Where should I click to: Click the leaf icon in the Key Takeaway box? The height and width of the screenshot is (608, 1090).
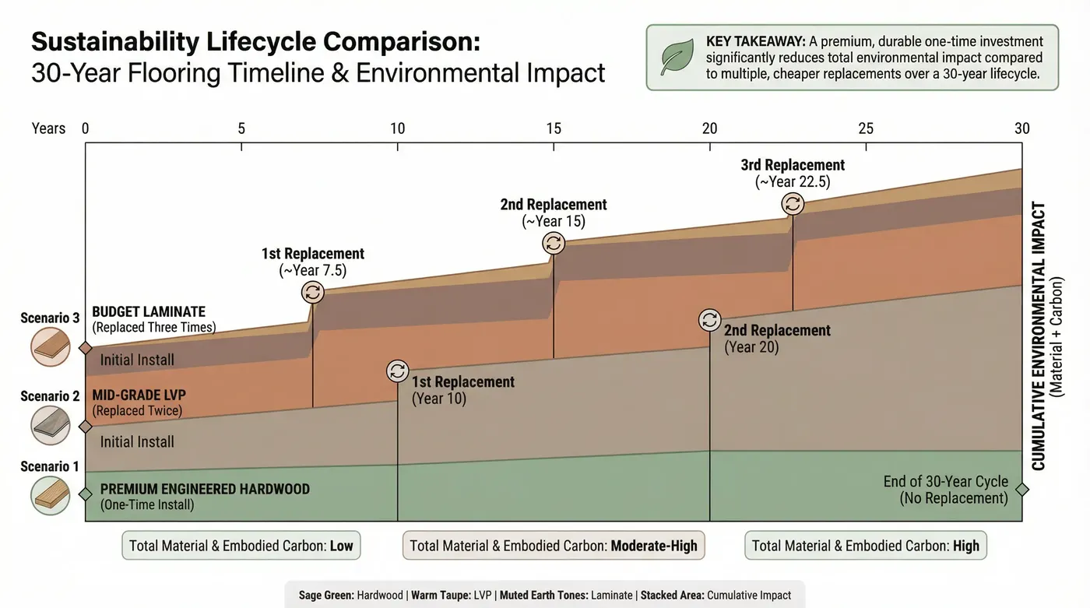pos(677,58)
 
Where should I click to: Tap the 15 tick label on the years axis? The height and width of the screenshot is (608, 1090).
pos(554,128)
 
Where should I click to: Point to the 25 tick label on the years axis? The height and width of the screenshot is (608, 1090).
pos(866,128)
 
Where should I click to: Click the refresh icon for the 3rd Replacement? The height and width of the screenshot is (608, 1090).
pos(793,204)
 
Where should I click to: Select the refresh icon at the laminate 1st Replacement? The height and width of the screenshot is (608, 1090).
pos(313,292)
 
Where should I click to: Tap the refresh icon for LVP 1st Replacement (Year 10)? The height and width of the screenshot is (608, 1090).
pos(397,371)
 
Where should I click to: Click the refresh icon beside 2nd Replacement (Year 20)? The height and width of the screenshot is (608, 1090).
pos(709,320)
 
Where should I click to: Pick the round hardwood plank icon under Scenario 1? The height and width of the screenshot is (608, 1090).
pos(50,496)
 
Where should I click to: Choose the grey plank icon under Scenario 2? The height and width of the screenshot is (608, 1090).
pos(50,425)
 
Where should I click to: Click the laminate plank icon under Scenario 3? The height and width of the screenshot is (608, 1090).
pos(50,346)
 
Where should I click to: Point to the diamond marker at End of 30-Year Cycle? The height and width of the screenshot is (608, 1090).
pos(1021,490)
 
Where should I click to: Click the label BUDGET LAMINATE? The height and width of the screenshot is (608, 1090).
pos(148,312)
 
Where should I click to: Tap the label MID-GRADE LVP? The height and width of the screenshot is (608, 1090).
pos(139,395)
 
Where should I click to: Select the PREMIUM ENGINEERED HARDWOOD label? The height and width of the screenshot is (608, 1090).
pos(205,489)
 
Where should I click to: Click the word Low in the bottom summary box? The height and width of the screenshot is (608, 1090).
pos(341,546)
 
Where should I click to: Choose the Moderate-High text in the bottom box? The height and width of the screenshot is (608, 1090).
pos(654,546)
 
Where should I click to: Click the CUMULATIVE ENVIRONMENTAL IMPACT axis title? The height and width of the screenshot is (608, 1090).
pos(1038,336)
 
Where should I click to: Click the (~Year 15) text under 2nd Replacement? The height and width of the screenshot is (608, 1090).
pos(554,222)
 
